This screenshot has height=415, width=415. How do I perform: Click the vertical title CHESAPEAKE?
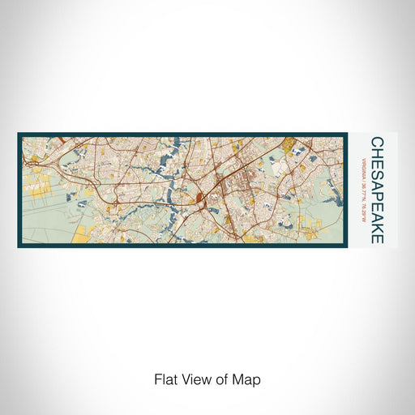pyautogui.click(x=378, y=190)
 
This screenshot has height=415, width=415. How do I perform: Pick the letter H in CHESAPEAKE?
pyautogui.click(x=378, y=153)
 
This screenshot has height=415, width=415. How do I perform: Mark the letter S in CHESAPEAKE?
pyautogui.click(x=378, y=172)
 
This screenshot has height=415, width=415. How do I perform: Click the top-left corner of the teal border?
pyautogui.click(x=19, y=134)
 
